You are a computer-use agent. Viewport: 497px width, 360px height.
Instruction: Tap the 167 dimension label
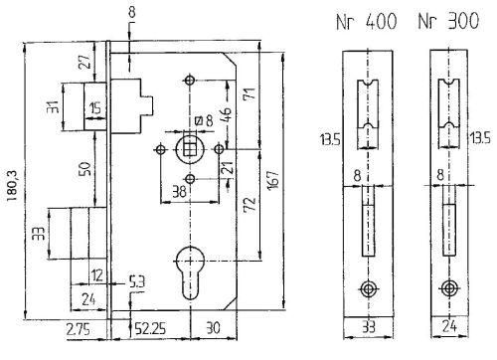pyautogui.click(x=274, y=179)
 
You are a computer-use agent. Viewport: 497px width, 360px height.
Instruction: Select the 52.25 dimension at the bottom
pyautogui.click(x=149, y=328)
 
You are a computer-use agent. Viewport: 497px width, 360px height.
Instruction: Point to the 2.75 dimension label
pyautogui.click(x=79, y=330)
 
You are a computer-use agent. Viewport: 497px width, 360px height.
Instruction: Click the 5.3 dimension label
pyautogui.click(x=136, y=282)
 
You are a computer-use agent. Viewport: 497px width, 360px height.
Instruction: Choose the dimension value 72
pyautogui.click(x=250, y=204)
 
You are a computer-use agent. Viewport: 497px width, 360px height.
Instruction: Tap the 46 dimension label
pyautogui.click(x=226, y=115)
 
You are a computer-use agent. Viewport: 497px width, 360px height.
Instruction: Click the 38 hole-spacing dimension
pyautogui.click(x=179, y=191)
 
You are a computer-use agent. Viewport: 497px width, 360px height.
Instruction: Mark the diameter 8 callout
pyautogui.click(x=204, y=120)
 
